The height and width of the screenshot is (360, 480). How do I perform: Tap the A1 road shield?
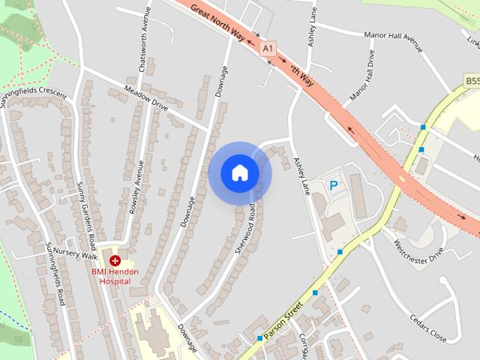point(268,49)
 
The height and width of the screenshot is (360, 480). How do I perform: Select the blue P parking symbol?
point(334,184)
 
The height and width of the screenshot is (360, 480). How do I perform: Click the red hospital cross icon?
point(115,260)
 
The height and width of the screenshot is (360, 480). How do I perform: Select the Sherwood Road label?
point(245,228)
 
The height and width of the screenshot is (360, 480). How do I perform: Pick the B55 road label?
point(472,80)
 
